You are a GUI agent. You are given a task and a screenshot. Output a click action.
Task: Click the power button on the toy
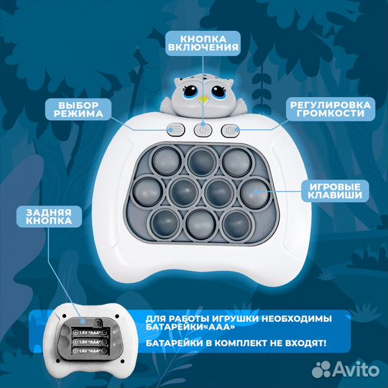(203, 129)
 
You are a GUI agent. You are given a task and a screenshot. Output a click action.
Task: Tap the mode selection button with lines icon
(176, 129)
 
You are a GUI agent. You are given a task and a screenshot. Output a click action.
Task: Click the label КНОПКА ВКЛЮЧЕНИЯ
(203, 43)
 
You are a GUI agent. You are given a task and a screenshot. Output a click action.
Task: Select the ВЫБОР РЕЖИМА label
(78, 109)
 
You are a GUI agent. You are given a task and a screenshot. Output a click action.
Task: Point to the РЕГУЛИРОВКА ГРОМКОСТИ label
(331, 109)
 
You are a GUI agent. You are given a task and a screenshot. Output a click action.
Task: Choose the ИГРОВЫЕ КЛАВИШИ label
(335, 191)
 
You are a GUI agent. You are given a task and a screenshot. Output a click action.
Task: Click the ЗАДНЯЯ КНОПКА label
(49, 216)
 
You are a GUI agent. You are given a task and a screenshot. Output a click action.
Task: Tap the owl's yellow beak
(203, 100)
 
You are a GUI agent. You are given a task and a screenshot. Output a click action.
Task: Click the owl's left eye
(191, 91)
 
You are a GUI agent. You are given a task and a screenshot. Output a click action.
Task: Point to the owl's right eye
(218, 91)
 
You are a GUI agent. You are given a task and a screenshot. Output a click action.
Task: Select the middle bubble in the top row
(201, 161)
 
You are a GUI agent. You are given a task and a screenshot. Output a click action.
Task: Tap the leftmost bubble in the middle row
(148, 191)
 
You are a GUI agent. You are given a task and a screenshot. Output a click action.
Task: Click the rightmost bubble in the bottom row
(237, 225)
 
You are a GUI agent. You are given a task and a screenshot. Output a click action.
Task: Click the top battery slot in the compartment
(91, 333)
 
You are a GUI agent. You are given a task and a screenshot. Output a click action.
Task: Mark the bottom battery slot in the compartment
(91, 351)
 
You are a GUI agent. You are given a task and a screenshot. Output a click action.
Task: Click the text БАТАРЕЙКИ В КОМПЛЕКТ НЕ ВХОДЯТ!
(236, 343)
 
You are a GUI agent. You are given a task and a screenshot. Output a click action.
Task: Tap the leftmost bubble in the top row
(167, 161)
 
